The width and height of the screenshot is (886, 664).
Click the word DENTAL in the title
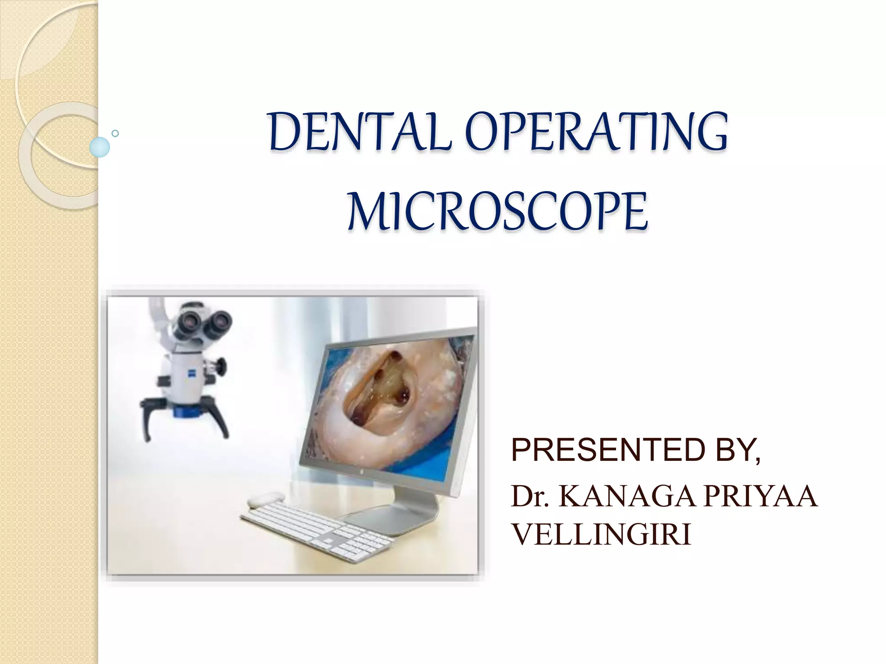tap(359, 131)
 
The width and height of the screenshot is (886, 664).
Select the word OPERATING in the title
tap(597, 131)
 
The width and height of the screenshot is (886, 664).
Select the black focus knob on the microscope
tap(221, 367)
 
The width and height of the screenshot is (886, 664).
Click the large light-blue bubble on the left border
tap(100, 147)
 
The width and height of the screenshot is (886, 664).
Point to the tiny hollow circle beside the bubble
tap(115, 134)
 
